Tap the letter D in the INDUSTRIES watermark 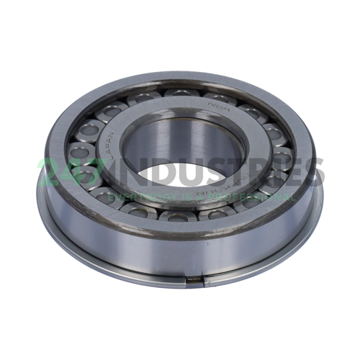point(150,172)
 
